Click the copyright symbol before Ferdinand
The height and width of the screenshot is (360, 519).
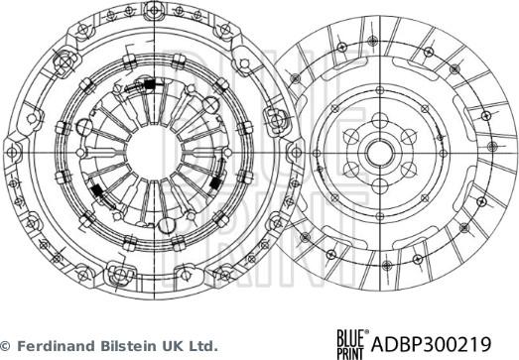6,346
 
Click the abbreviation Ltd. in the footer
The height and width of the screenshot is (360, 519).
201,346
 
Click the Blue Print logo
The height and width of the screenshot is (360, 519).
351,342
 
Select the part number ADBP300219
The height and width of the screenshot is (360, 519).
444,343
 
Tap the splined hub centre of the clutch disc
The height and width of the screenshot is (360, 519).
380,152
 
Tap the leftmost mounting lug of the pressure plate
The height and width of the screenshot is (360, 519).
12,151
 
